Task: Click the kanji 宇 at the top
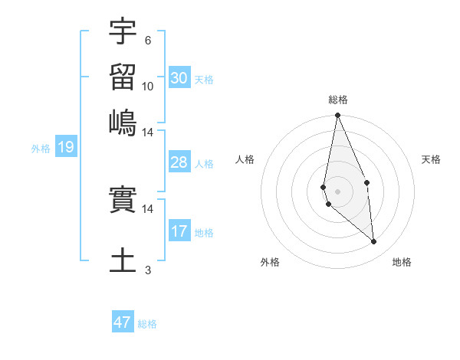(x=123, y=32)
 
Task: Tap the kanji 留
(x=123, y=77)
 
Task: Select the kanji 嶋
(x=123, y=122)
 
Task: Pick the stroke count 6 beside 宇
(x=148, y=41)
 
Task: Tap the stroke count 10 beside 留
(x=148, y=86)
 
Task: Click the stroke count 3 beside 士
(x=148, y=270)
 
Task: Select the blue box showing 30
(x=179, y=78)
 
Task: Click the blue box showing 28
(x=179, y=162)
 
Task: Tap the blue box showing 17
(x=179, y=231)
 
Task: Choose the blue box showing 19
(x=65, y=148)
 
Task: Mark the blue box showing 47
(x=123, y=322)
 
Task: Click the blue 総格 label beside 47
(x=147, y=324)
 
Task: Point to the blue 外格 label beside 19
(x=41, y=149)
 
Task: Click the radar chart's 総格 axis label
(x=337, y=100)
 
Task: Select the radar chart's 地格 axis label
(x=402, y=262)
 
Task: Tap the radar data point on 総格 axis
(x=337, y=116)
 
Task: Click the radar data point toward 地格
(x=374, y=242)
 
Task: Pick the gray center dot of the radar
(x=337, y=191)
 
